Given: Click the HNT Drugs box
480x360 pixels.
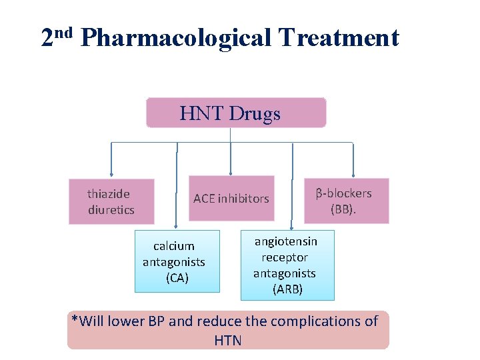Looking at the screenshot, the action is (x=236, y=113).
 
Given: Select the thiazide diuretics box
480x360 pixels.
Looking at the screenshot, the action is (x=111, y=201).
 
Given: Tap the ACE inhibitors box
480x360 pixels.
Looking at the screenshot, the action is (x=231, y=198).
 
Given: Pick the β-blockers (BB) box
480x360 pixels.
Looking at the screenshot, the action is (x=346, y=201).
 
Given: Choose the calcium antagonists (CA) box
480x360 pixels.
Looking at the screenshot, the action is (x=177, y=261).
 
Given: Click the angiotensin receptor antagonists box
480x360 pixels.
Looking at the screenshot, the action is (x=287, y=265).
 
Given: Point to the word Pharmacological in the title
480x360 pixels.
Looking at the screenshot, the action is (x=175, y=37).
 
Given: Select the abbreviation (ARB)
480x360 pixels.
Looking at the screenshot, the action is (x=287, y=289).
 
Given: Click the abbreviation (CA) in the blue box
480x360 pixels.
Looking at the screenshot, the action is (x=177, y=278).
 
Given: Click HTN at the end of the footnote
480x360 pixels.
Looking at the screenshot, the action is (x=228, y=341).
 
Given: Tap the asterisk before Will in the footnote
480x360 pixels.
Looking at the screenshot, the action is (x=75, y=319).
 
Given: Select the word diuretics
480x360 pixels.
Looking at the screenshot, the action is (x=111, y=210).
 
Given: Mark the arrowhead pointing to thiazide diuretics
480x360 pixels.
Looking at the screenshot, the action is (x=111, y=174).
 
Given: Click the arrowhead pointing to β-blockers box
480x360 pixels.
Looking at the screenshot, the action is (x=353, y=174).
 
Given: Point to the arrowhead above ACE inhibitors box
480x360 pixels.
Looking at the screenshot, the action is (x=231, y=171).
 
